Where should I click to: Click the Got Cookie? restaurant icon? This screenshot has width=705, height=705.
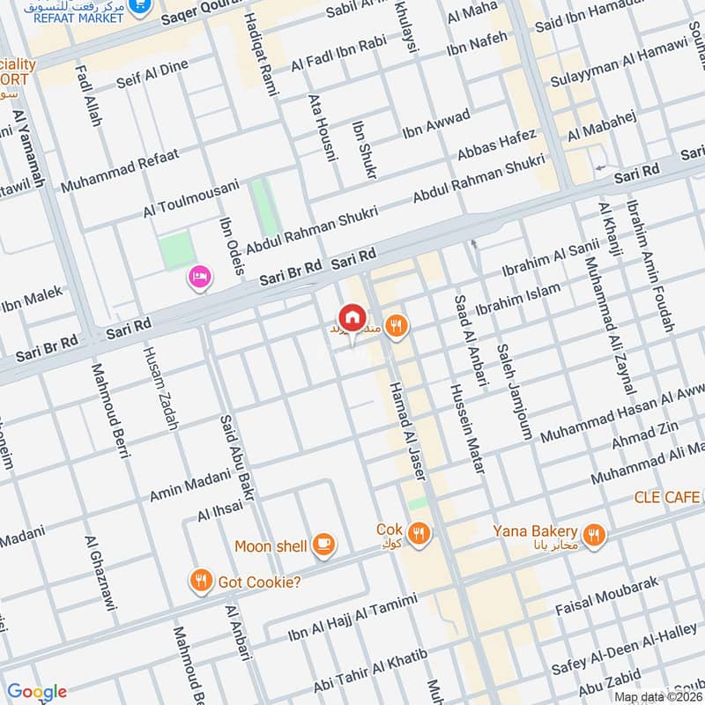click(x=201, y=581)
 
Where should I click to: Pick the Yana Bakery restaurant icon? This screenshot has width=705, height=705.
click(x=595, y=532)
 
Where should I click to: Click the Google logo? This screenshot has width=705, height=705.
click(x=36, y=691)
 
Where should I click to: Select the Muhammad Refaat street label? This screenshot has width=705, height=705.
click(x=120, y=171)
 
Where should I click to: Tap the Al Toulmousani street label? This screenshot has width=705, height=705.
click(x=191, y=199)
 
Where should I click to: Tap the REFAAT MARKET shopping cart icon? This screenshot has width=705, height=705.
click(x=138, y=6)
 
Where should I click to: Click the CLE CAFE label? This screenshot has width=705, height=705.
click(x=669, y=498)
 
